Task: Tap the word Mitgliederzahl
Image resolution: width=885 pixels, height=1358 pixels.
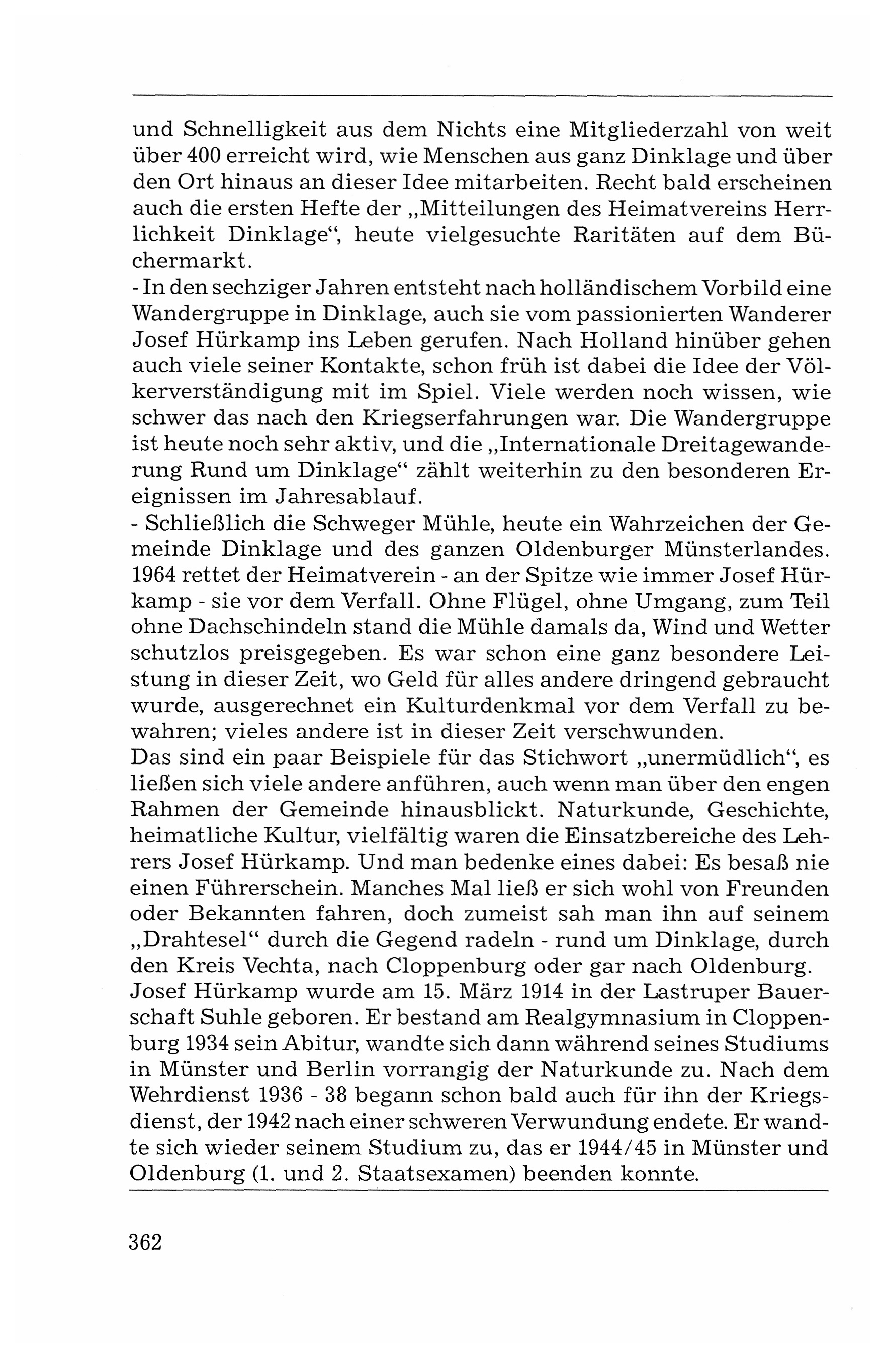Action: point(646,130)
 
